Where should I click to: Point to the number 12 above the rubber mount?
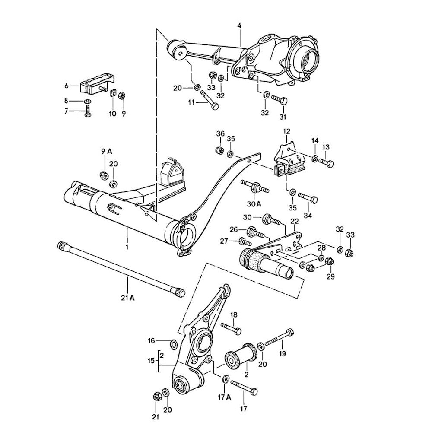tap(287, 131)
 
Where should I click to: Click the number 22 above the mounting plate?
tap(295, 221)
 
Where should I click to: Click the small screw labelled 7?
tap(88, 113)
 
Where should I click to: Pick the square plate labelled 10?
tap(112, 93)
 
